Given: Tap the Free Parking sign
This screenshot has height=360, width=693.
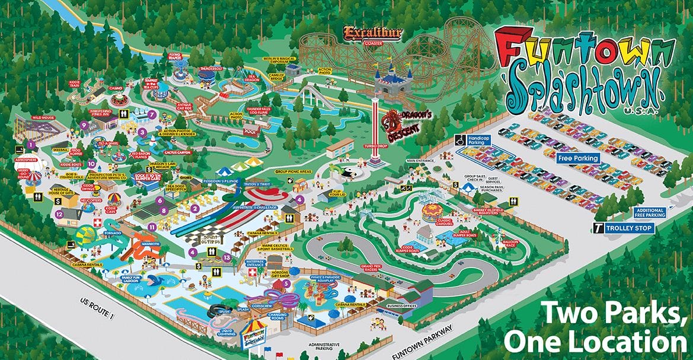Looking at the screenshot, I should point(578,159).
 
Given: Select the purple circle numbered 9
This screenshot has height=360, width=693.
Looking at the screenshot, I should point(84,125).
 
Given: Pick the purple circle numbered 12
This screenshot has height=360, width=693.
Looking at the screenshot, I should point(59,214).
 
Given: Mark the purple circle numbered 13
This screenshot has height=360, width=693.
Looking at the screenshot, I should point(226,257).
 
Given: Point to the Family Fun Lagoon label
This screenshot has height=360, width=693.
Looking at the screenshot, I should point(133,278).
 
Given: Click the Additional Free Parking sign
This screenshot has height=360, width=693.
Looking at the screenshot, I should point(650,213).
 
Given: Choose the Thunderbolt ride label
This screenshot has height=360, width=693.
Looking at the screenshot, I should point(211,68).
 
